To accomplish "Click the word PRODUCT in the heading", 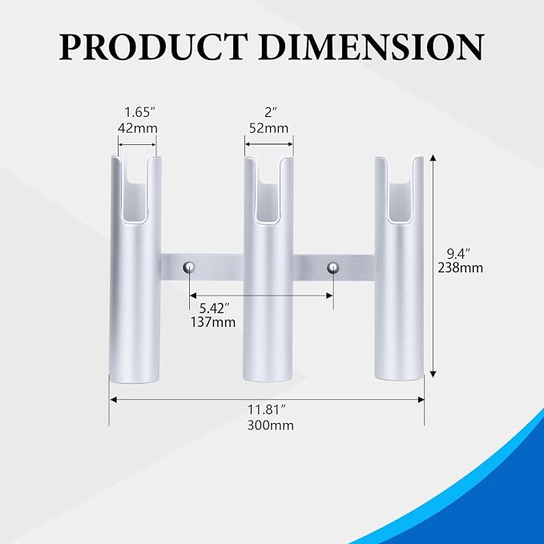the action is pos(153,46).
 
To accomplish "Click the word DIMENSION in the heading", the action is pos(371,46).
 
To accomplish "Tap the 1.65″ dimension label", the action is pos(139,112).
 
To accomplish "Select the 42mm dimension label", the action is pos(137,128).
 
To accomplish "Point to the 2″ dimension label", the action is pos(269,112).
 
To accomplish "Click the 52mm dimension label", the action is pos(269,128).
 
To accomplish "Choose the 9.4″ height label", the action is pos(458,254).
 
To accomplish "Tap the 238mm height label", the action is pos(460,268).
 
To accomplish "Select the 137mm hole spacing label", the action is pos(213,322).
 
